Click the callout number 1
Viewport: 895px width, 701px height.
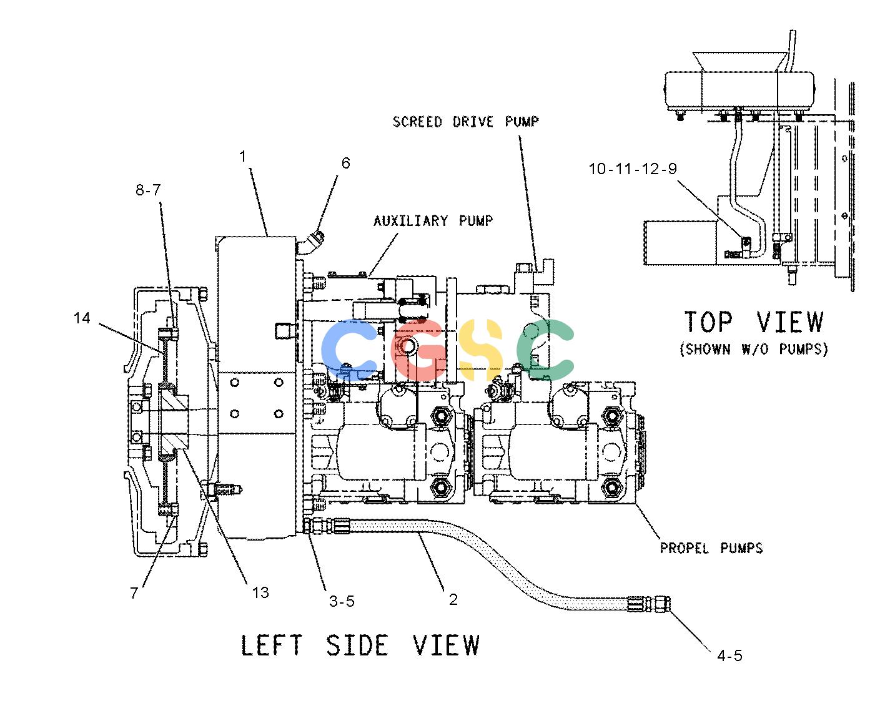(x=242, y=156)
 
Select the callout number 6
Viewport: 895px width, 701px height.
(x=345, y=163)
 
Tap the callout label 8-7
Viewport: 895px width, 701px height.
(x=148, y=190)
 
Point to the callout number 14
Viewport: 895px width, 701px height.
(x=82, y=318)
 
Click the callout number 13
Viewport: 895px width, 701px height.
(x=260, y=593)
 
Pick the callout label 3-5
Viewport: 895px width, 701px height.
(x=342, y=601)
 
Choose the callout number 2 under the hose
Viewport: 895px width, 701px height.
(x=453, y=599)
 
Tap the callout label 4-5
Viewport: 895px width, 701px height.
(x=729, y=655)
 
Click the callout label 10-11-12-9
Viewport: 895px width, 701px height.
(x=633, y=169)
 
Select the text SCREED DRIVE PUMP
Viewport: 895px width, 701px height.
(x=465, y=122)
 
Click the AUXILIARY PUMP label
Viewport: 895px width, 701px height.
(x=433, y=221)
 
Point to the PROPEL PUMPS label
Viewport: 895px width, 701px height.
(x=711, y=548)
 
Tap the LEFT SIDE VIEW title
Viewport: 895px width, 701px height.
(x=360, y=645)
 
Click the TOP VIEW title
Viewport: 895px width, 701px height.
(x=754, y=322)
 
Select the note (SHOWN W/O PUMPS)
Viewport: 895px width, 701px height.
(x=753, y=349)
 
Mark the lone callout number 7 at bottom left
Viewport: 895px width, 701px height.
(x=134, y=593)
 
